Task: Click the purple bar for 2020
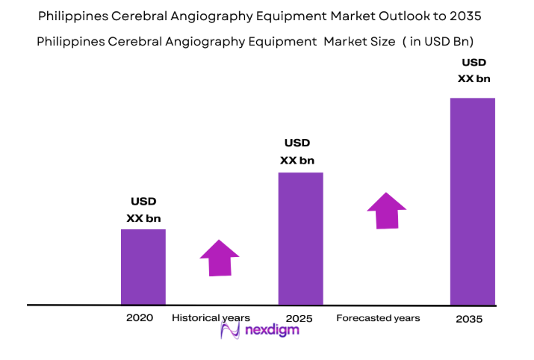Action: [143, 267]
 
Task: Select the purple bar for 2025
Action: [300, 238]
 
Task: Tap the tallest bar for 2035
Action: [472, 201]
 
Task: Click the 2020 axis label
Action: [140, 317]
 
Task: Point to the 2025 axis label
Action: [298, 318]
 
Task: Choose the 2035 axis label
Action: [470, 318]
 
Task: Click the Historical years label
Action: [211, 317]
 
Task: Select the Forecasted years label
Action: [378, 317]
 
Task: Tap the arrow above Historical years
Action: [219, 258]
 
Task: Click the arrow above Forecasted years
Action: [386, 211]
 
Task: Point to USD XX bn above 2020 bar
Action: [143, 210]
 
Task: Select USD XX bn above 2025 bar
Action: [297, 152]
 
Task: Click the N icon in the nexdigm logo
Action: [230, 331]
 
